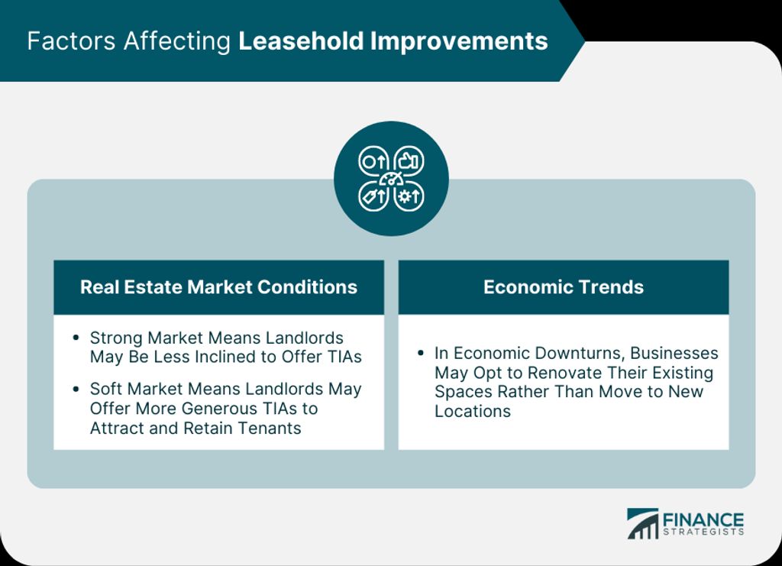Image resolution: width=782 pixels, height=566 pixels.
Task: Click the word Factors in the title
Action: (71, 41)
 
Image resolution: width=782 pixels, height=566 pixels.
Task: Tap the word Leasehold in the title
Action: (301, 41)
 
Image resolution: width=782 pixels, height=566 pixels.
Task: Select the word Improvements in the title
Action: (459, 42)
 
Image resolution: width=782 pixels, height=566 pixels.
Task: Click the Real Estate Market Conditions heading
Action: (218, 287)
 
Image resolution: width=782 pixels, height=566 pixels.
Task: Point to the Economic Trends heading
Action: (564, 287)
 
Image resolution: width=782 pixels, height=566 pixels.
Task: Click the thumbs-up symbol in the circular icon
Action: (408, 161)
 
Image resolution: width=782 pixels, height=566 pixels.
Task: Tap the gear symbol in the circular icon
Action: (403, 196)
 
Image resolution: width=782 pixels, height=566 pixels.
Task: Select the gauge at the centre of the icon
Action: (392, 179)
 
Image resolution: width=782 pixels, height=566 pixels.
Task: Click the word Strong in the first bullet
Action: (116, 338)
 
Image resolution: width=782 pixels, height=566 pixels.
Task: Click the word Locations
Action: (473, 412)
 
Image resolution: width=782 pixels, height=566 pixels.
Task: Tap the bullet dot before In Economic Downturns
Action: (421, 353)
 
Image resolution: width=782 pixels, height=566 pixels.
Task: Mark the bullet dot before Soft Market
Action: (76, 389)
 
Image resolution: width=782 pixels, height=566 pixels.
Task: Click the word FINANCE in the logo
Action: (703, 519)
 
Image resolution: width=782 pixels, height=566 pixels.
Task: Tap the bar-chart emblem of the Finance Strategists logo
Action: (642, 524)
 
